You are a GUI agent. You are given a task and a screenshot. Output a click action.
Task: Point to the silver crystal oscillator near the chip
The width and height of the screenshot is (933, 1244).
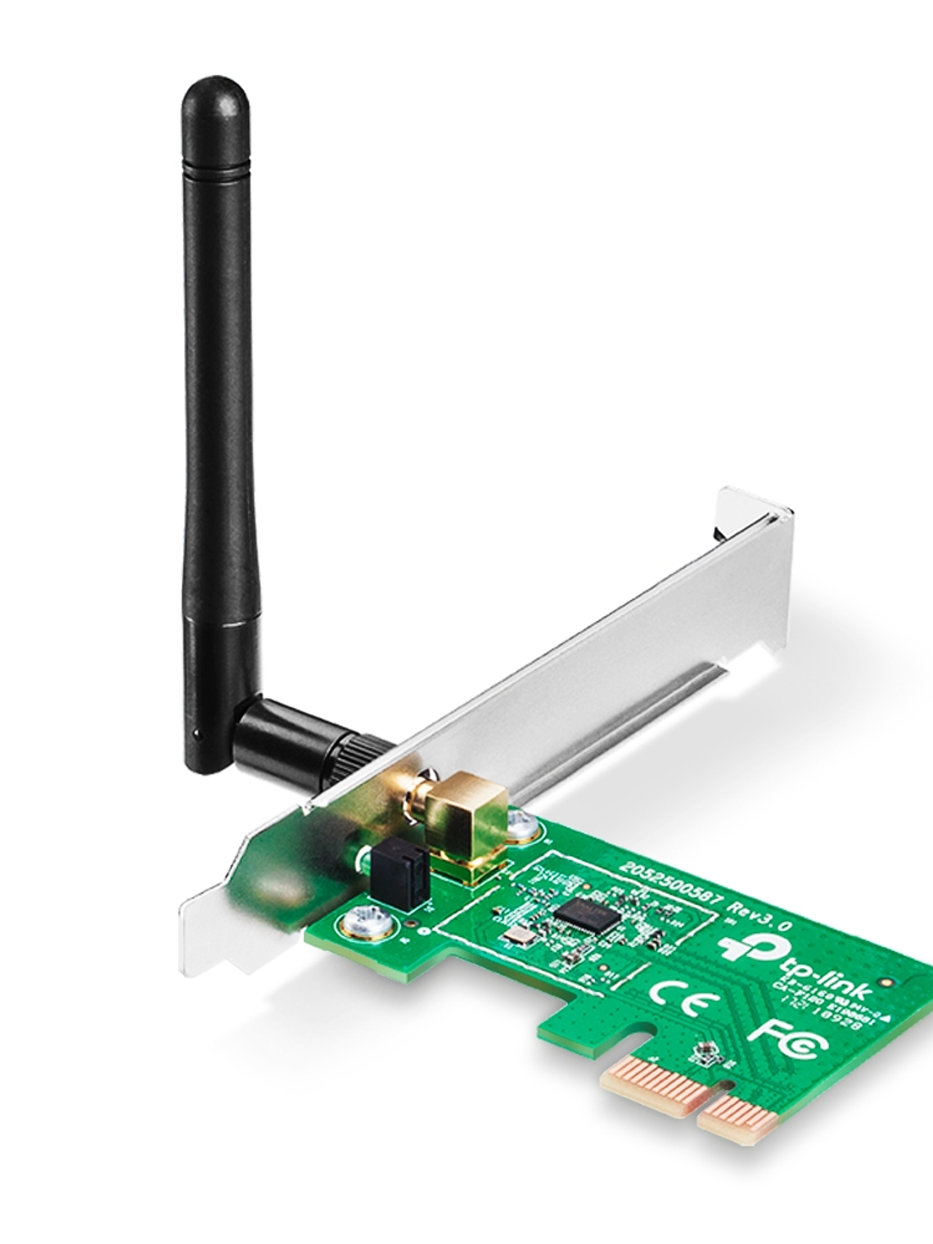[515, 940]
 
